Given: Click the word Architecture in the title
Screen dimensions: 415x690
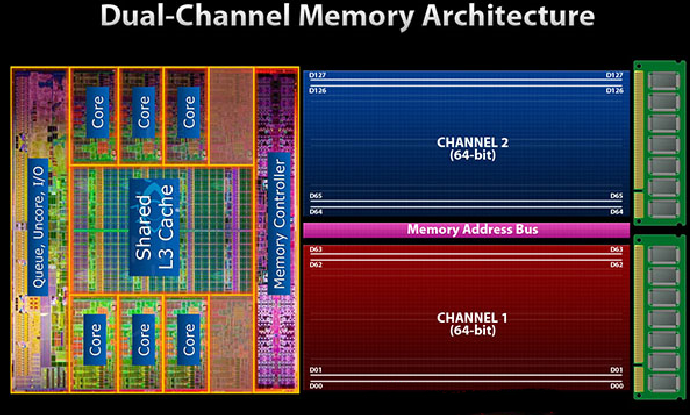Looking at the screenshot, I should (x=509, y=16).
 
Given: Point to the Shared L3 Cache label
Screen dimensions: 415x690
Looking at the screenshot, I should (x=154, y=227).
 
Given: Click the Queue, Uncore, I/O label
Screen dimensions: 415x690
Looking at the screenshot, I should (x=38, y=227).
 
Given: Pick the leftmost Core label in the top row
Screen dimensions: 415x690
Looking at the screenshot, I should (x=98, y=112).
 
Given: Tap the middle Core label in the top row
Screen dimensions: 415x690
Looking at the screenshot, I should (x=144, y=112).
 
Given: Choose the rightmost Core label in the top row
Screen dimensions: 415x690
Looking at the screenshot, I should (x=189, y=112).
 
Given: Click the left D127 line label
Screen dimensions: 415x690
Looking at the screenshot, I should (x=318, y=75).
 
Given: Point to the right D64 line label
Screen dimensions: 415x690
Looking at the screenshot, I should (x=616, y=212).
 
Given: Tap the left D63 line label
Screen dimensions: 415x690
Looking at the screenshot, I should (x=317, y=249).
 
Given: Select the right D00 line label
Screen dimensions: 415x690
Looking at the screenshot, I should (x=616, y=386).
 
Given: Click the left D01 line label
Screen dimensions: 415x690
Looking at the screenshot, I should (x=316, y=370).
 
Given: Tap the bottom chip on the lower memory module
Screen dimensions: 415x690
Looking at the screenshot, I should (x=663, y=382).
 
